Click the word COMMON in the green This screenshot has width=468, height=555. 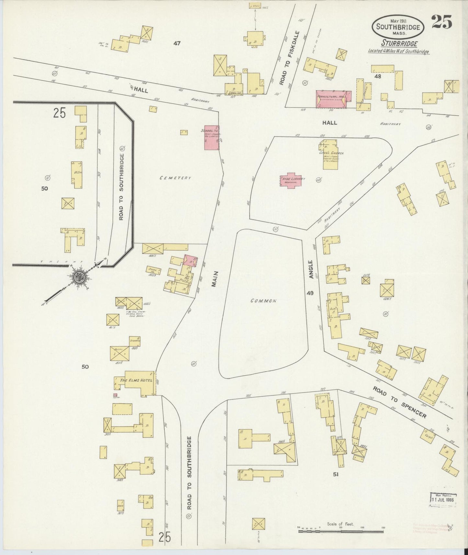pos(263,300)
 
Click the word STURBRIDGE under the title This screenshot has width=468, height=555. pos(399,44)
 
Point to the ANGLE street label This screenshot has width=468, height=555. pos(311,269)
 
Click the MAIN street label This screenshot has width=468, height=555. pos(214,279)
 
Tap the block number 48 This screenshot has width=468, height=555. pos(377,76)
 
